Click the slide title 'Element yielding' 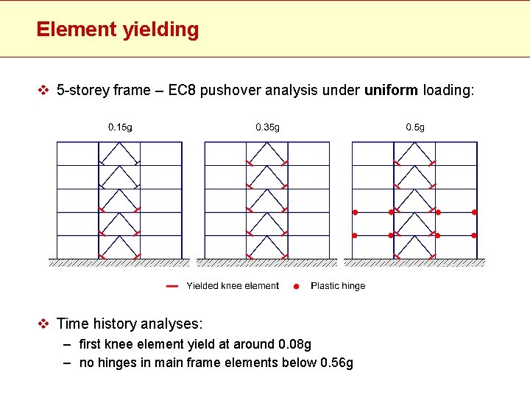click(x=117, y=29)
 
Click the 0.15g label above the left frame click(x=120, y=128)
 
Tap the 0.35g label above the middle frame click(x=267, y=128)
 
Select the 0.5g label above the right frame click(x=415, y=128)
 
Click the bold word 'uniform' click(x=391, y=91)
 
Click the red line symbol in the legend click(x=172, y=286)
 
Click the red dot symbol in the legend click(x=296, y=286)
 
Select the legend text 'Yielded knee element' click(x=233, y=286)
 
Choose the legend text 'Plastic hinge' click(x=338, y=286)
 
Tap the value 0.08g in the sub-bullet click(x=294, y=344)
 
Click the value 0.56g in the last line click(x=336, y=363)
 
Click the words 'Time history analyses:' click(x=129, y=324)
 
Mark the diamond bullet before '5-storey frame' click(x=43, y=91)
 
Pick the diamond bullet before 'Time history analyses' click(x=43, y=324)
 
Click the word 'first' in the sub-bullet click(x=90, y=344)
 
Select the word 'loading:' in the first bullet click(x=448, y=91)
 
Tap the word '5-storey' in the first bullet click(x=83, y=91)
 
